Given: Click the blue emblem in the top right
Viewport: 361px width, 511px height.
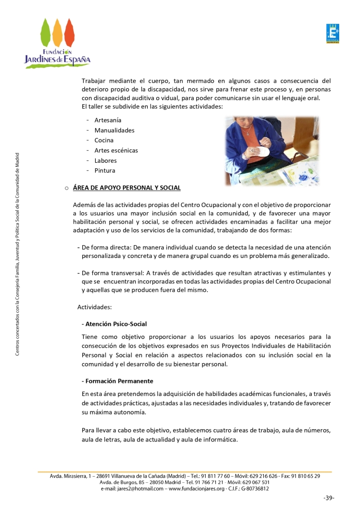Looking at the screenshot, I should pos(332,33).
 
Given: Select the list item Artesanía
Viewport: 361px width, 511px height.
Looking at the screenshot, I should pos(108,120).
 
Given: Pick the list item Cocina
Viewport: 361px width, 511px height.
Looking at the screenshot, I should pos(104,140).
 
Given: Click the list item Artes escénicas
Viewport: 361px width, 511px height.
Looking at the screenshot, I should pos(116,150).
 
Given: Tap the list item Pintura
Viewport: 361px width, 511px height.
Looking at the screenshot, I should pos(105,171).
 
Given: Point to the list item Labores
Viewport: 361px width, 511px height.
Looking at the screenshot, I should pos(106,161).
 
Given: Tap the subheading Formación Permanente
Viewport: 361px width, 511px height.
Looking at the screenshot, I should pos(117,381).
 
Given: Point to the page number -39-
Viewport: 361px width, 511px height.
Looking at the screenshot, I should pos(329,498).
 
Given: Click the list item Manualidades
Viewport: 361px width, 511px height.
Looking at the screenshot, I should pos(115,130).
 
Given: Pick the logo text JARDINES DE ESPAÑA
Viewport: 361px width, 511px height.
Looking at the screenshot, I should pos(58,60).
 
